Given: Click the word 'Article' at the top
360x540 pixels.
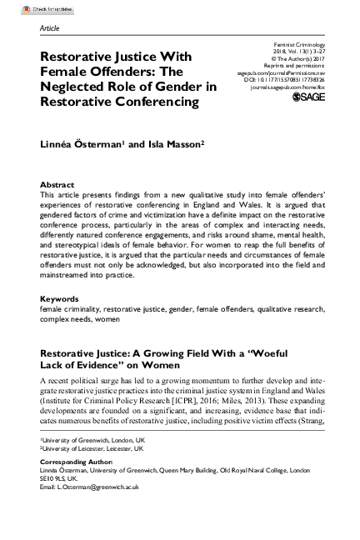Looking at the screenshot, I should [49, 27].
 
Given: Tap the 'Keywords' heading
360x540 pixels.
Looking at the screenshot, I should [60, 298].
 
